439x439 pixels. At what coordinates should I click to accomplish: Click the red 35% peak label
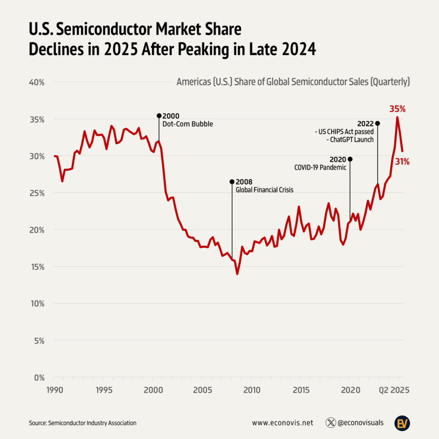coord(397,109)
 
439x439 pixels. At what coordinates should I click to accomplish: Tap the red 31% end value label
coord(402,162)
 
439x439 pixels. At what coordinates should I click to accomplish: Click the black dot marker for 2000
coord(159,116)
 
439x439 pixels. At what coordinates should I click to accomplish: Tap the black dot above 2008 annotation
coord(232,181)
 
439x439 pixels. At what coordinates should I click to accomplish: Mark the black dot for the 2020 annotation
coord(350,159)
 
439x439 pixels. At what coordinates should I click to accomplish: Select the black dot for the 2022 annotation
coord(377,123)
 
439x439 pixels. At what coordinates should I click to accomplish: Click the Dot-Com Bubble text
coord(187,124)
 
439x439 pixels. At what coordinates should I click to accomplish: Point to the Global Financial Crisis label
coord(265,189)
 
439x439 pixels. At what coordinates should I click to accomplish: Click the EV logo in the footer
coord(403,423)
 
